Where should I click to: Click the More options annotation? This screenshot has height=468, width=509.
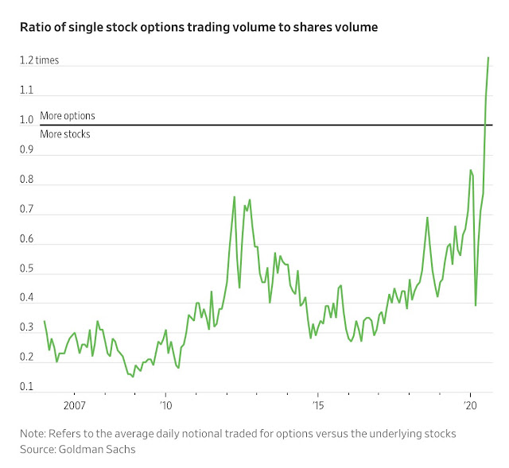click(67, 116)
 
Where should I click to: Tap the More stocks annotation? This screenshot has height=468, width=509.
click(65, 134)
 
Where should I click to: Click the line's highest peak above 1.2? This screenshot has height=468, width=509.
click(488, 58)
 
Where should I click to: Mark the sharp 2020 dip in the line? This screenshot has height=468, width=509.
click(476, 305)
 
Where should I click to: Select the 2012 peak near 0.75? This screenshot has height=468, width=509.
click(234, 197)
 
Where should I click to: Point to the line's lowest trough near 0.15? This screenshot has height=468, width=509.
click(133, 377)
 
